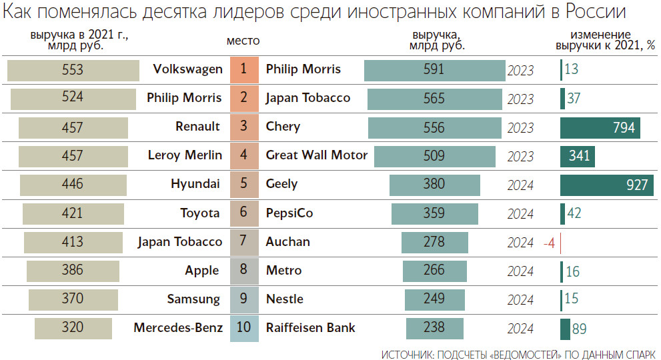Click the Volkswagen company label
point(187,69)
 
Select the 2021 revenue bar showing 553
point(73,70)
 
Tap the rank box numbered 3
point(243,127)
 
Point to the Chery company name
point(283,127)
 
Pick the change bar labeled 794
point(600,127)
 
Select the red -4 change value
point(549,243)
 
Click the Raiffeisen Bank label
point(310,328)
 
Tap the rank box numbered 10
point(243,328)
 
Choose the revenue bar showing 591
point(434,70)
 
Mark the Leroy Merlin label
point(185,155)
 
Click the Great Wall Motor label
point(316,155)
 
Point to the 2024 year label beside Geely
point(520,185)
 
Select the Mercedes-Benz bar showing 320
point(73,328)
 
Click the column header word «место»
point(243,41)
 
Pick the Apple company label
point(201,271)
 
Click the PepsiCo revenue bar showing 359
point(434,214)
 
